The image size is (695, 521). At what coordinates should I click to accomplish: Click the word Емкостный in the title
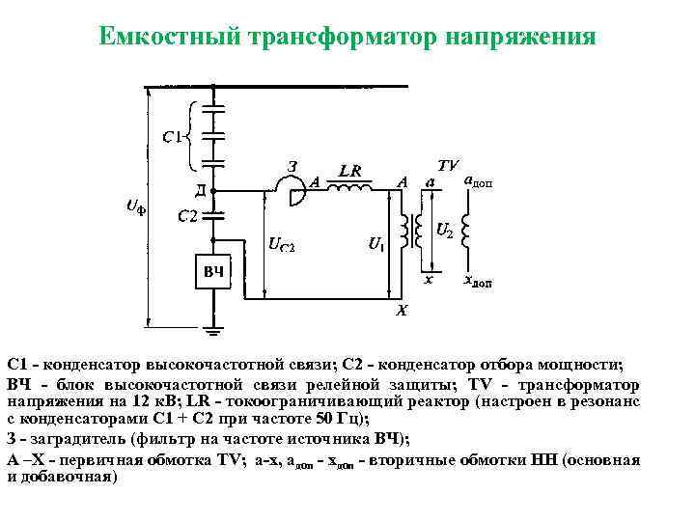(171, 39)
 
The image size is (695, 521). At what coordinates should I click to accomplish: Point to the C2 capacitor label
(188, 216)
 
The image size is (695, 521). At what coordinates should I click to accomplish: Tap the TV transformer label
(448, 164)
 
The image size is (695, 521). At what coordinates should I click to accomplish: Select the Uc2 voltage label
(281, 245)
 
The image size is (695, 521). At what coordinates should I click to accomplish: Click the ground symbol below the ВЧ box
(213, 333)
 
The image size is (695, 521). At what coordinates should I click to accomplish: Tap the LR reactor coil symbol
(349, 188)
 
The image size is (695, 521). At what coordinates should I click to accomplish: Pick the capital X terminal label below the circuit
(402, 311)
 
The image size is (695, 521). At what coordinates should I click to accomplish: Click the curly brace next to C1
(193, 134)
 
